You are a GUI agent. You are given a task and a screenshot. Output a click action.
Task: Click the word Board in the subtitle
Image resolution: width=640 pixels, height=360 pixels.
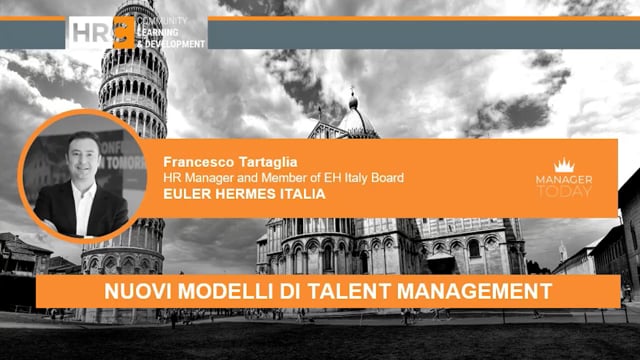pyautogui.click(x=386, y=178)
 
